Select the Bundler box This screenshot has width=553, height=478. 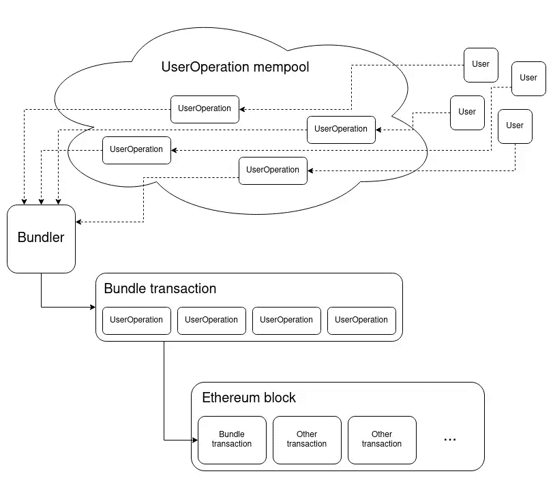[x=41, y=238]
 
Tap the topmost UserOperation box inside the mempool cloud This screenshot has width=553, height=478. [x=205, y=108]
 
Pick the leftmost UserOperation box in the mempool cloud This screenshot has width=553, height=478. [x=136, y=149]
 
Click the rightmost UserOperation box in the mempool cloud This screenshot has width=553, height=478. [x=341, y=129]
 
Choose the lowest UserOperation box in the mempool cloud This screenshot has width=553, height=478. [x=273, y=170]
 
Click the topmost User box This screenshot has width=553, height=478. [x=481, y=64]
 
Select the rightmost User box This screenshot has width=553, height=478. [x=528, y=78]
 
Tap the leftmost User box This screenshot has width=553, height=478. [x=467, y=112]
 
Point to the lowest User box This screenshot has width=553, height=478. [x=515, y=125]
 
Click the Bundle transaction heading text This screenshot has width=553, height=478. [x=160, y=288]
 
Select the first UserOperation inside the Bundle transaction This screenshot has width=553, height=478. [x=136, y=320]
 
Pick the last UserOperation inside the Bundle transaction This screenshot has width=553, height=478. [x=361, y=320]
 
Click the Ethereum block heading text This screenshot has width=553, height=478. [x=249, y=398]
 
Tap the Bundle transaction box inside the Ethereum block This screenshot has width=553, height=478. [x=232, y=439]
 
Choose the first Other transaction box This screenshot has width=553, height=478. [x=307, y=439]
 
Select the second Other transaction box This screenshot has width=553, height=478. [x=382, y=439]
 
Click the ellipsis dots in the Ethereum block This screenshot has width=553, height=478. [x=450, y=440]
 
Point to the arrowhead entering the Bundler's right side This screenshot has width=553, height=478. [x=79, y=222]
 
